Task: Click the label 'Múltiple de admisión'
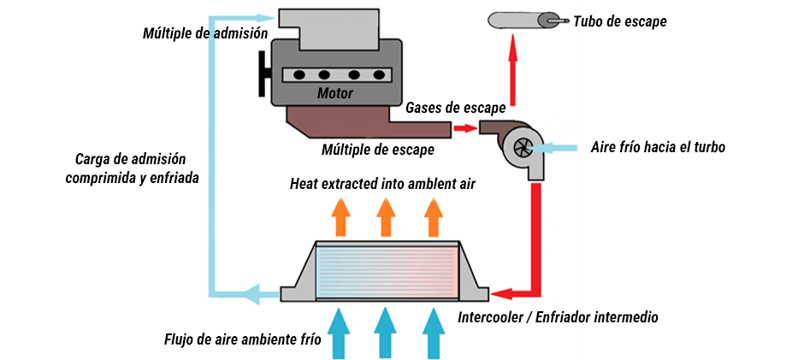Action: coord(206,32)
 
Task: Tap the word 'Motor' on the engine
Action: coord(335,93)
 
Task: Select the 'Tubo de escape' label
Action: coord(620,21)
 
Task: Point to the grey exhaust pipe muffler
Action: coord(522,19)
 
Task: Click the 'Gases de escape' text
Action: coord(455,108)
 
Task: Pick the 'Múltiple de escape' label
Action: coord(377,150)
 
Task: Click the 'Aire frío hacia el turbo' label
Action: coord(658,147)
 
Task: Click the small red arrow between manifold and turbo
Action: coord(463,128)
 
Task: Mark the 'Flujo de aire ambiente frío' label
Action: coord(243,339)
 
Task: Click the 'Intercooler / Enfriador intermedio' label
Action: coord(558,317)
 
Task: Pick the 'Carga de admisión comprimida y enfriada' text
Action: coord(137,168)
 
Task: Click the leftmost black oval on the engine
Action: coord(299,75)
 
